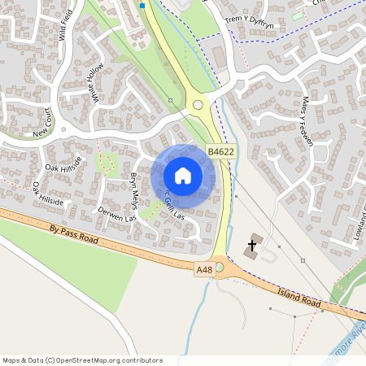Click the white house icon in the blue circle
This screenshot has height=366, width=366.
(x=183, y=176)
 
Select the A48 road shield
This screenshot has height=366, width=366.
(x=204, y=269)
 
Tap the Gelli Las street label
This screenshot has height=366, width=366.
(x=174, y=211)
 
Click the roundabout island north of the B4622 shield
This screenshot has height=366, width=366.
(x=198, y=104)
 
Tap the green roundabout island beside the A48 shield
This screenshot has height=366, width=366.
(x=219, y=268)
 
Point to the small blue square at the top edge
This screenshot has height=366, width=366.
(x=142, y=5)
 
